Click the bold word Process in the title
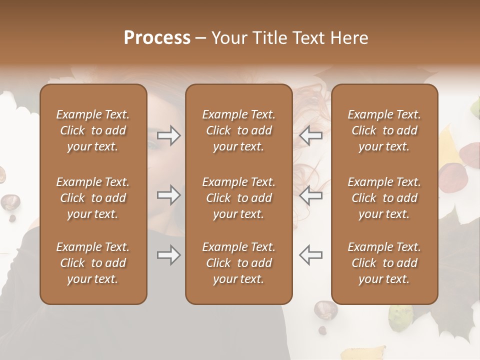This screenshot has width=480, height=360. pos(157,38)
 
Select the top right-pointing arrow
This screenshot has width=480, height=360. pos(168,135)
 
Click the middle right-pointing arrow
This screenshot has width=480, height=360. pos(168,195)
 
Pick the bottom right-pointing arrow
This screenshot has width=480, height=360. pos(168,255)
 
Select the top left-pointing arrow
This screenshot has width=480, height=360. pos(310,135)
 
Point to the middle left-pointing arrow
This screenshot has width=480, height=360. pos(310,195)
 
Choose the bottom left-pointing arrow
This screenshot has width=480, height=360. pos(310,255)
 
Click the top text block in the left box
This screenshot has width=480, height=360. pos(93,130)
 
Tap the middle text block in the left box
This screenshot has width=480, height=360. pos(93,198)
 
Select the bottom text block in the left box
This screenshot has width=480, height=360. pos(93,263)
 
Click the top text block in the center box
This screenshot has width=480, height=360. pos(238,130)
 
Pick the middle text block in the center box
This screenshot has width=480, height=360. pos(238,198)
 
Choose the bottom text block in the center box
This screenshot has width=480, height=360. pos(238,263)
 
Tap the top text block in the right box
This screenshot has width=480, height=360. pos(384,130)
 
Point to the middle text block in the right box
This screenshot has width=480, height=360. pos(384,198)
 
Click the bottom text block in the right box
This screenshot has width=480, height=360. pos(384,263)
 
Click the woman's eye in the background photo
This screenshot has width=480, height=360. pos(152,145)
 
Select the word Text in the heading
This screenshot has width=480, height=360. pos(307,38)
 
